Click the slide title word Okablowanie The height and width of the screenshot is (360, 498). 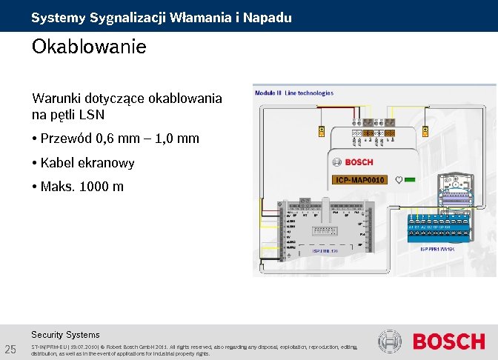(x=89, y=47)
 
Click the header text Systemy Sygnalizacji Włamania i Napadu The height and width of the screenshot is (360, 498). (x=162, y=17)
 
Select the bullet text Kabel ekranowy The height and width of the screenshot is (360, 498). (x=87, y=162)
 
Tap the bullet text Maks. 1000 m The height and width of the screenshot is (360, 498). (x=82, y=186)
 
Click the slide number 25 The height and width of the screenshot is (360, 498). (x=10, y=349)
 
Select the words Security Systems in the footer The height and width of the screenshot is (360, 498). (x=65, y=335)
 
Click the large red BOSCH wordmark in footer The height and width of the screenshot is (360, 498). (x=448, y=342)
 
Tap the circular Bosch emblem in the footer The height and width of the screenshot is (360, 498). (x=390, y=342)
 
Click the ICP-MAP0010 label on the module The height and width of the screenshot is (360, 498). (x=360, y=180)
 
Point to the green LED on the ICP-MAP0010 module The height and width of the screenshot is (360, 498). (x=410, y=180)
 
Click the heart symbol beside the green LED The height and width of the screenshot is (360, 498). (x=399, y=180)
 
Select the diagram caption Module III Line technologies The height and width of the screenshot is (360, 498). (x=294, y=93)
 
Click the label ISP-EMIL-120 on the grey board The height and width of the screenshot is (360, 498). (x=325, y=250)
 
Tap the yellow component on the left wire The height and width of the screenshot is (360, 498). (x=321, y=131)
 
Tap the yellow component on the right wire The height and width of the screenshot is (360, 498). (x=425, y=131)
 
